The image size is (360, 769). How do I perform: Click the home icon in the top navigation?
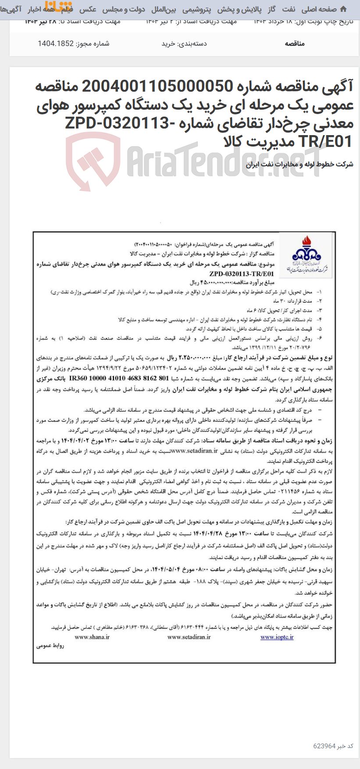[x=343, y=9]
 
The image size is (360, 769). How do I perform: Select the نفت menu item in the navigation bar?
[x=289, y=9]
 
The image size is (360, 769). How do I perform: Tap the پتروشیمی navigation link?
[x=196, y=9]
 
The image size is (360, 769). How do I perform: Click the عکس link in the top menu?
[x=88, y=9]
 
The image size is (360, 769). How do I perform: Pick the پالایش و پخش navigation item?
[x=239, y=9]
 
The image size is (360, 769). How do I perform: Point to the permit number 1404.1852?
[x=56, y=43]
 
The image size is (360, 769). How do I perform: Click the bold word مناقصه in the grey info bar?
[x=295, y=43]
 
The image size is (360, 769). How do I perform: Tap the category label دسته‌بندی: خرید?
[x=184, y=43]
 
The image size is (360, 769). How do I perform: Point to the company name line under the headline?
[x=299, y=165]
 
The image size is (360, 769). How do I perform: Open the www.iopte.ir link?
[x=277, y=637]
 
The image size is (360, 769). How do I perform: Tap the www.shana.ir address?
[x=92, y=637]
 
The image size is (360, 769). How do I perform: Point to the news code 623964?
[x=324, y=746]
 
